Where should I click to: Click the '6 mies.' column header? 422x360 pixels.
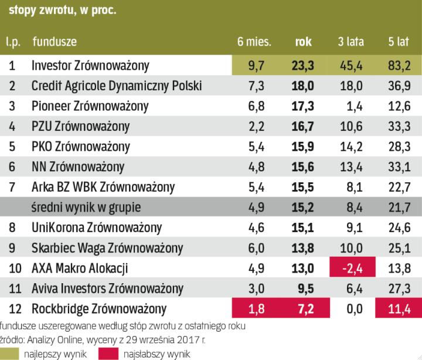[254, 42]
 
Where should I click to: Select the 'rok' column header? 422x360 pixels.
[303, 42]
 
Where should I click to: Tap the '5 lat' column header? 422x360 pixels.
[399, 42]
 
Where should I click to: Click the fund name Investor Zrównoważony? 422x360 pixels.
[90, 65]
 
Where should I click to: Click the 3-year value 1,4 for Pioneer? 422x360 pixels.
[353, 106]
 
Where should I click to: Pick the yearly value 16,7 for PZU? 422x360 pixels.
[303, 126]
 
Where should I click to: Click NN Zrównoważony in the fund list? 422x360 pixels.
[77, 166]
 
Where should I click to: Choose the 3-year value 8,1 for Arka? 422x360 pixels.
[353, 186]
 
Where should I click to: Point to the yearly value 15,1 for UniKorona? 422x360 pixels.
[303, 227]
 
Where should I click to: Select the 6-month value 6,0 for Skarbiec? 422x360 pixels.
[256, 247]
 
